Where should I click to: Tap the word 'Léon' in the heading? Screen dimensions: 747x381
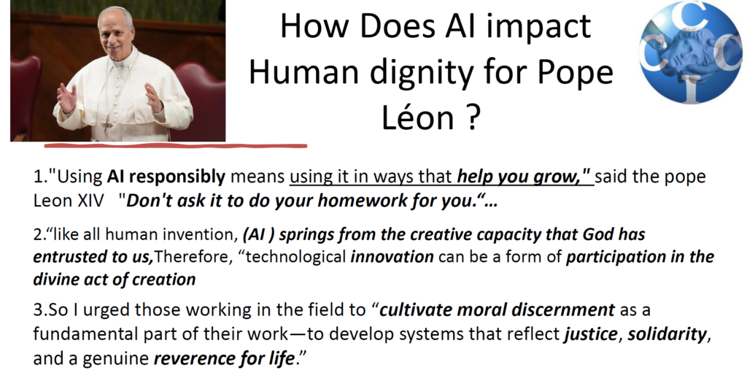(417, 117)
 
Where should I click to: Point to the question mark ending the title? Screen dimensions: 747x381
(471, 117)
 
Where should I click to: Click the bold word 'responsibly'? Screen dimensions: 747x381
(177, 177)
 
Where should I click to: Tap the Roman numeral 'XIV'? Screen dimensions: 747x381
(90, 201)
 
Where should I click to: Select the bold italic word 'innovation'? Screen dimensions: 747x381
(392, 256)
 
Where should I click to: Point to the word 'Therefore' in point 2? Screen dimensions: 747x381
(190, 256)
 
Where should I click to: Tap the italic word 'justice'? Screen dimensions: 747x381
(591, 334)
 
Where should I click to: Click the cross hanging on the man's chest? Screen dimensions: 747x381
(108, 125)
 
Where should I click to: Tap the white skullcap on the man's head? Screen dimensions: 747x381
(115, 9)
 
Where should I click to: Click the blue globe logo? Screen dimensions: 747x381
(691, 52)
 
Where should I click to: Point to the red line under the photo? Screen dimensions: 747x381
(176, 145)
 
